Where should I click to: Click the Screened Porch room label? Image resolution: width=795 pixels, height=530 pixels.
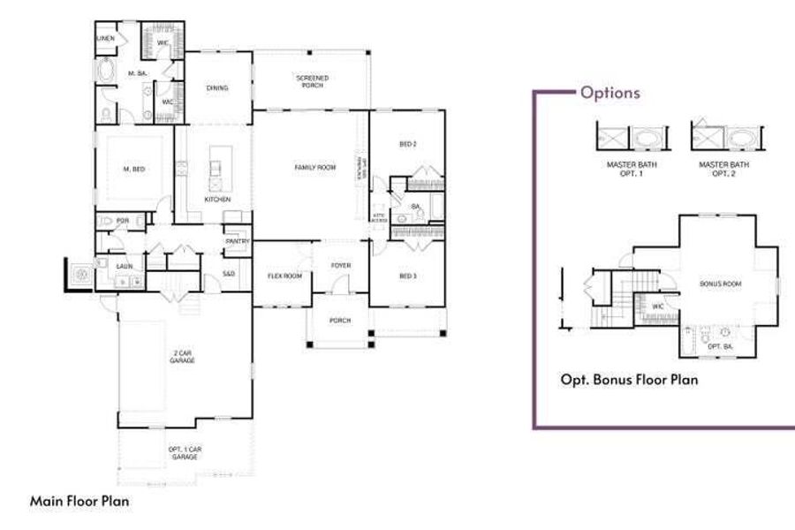312,81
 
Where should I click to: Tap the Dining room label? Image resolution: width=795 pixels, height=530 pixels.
217,88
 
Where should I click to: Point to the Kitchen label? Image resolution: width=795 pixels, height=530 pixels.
217,200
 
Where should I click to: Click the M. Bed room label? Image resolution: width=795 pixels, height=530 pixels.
132,169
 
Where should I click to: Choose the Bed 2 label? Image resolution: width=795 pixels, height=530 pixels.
407,143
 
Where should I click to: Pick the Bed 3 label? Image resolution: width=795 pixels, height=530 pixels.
407,276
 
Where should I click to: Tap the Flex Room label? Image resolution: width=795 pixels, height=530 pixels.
284,276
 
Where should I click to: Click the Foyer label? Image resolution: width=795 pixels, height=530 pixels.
341,265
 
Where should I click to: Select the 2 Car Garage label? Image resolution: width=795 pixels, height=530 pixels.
184,357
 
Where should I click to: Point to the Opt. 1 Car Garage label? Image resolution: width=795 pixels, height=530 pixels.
184,453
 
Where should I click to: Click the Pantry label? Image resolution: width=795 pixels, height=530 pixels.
236,241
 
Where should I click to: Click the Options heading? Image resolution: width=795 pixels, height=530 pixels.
610,93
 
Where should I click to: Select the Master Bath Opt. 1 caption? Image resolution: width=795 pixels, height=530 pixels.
631,167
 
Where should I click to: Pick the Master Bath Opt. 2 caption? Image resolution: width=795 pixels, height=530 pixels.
723,167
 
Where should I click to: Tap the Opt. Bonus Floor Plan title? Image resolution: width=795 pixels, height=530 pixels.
629,380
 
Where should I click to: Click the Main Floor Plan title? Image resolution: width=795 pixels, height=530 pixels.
79,501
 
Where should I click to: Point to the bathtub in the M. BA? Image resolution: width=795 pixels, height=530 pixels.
108,72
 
